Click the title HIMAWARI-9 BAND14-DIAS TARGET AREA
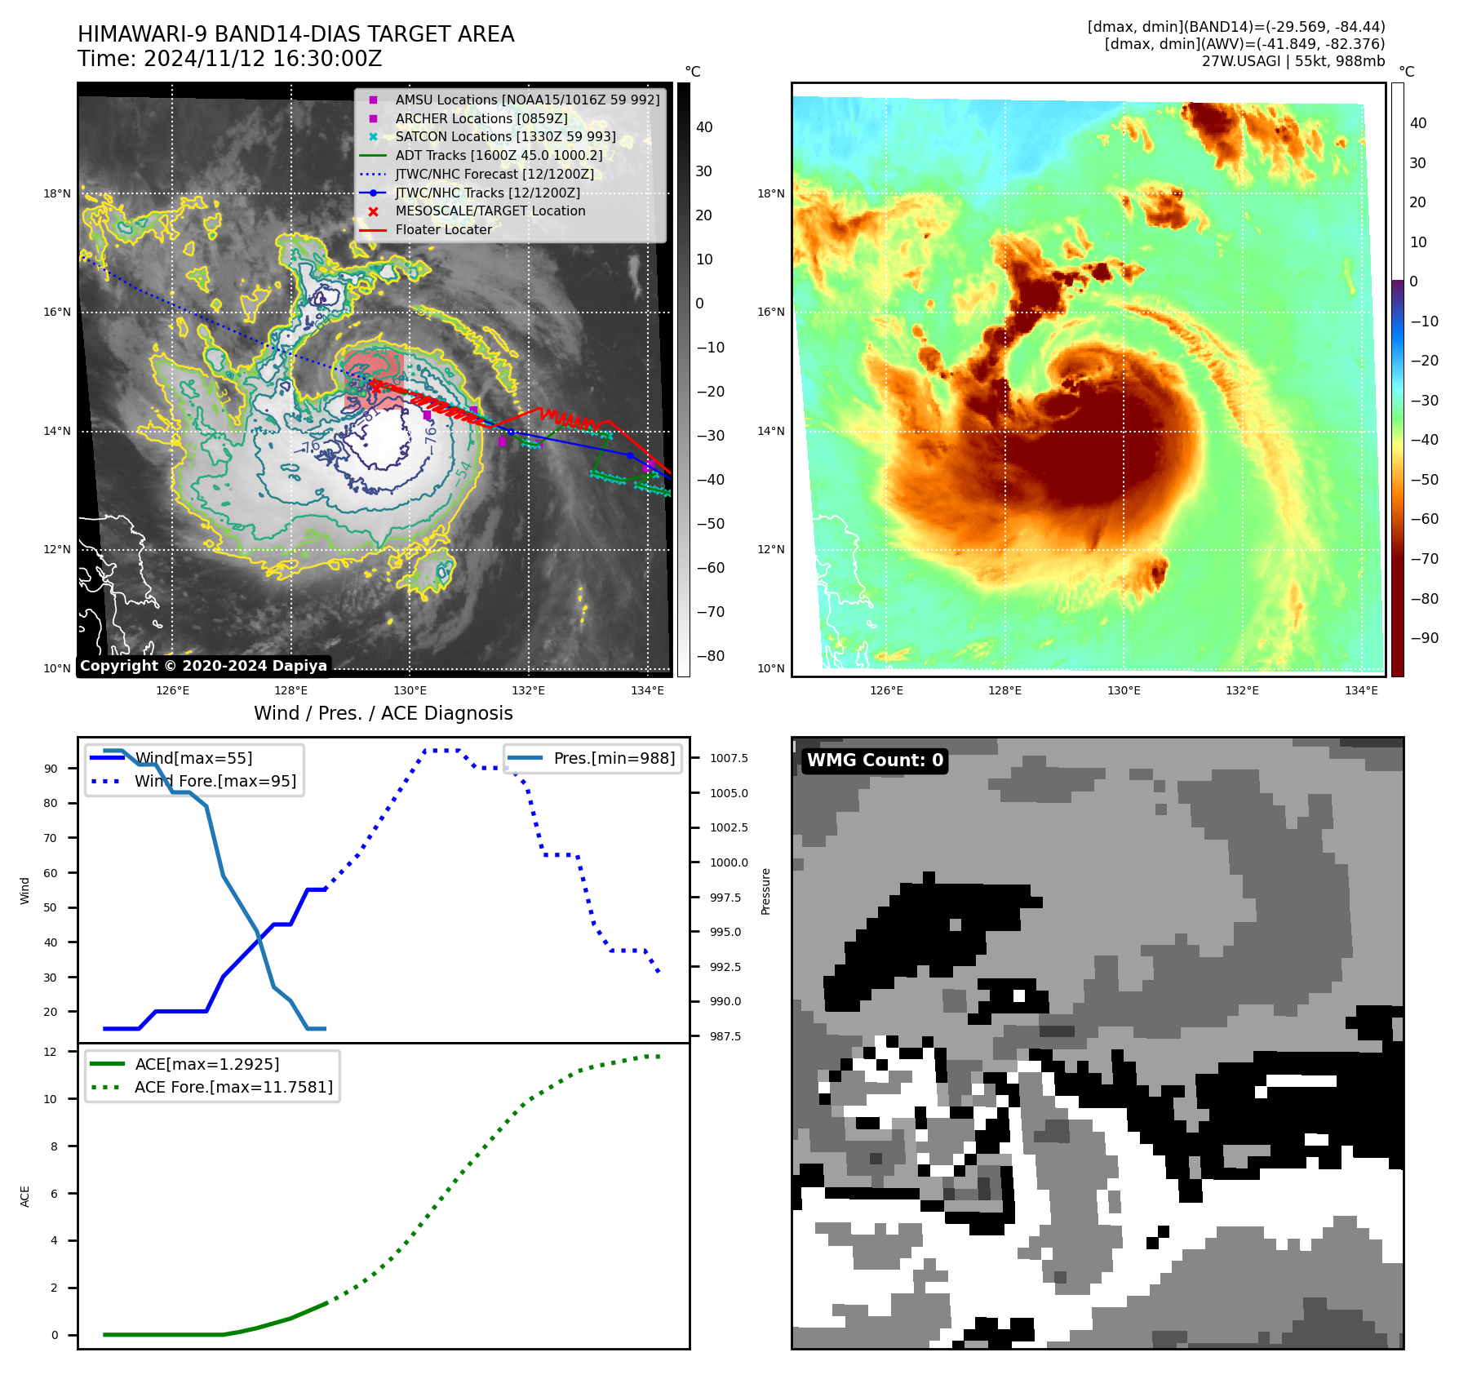(295, 34)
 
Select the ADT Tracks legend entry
(499, 155)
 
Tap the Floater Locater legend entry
(443, 230)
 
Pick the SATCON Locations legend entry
(505, 137)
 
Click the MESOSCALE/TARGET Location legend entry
(490, 211)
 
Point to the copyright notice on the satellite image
(203, 666)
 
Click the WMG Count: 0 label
(875, 760)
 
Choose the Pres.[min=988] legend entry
(614, 759)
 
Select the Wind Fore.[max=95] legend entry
(215, 781)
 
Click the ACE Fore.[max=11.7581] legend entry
(233, 1087)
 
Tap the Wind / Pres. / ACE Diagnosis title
(383, 714)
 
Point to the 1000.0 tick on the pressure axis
(728, 862)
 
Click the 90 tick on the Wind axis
(51, 769)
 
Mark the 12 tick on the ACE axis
(51, 1052)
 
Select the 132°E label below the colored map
(1242, 691)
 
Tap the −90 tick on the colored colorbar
(1424, 638)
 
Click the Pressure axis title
(765, 891)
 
